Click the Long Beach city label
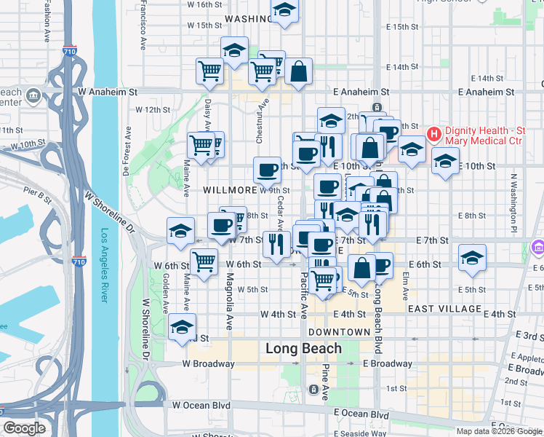pyautogui.click(x=303, y=348)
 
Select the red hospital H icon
pyautogui.click(x=434, y=134)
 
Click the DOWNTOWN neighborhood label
pyautogui.click(x=339, y=332)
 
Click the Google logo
pyautogui.click(x=24, y=428)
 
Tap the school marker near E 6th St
pyautogui.click(x=473, y=258)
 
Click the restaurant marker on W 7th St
pyautogui.click(x=276, y=243)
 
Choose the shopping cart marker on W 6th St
pyautogui.click(x=204, y=261)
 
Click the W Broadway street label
pyautogui.click(x=208, y=363)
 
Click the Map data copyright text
pyautogui.click(x=499, y=431)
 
